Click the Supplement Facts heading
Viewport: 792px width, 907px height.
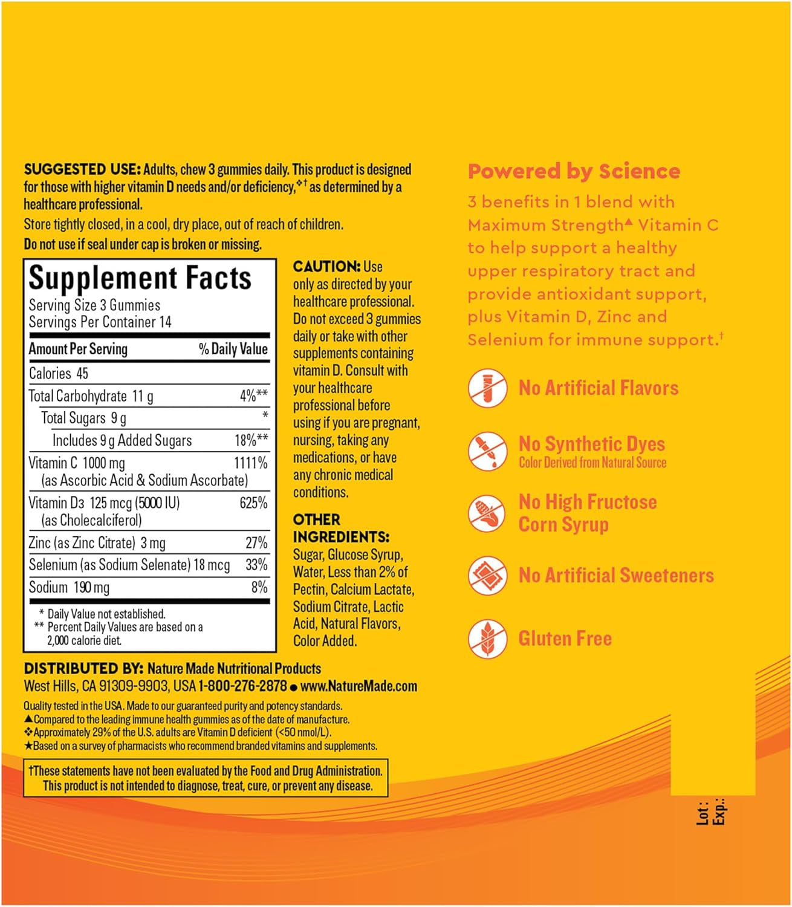pyautogui.click(x=140, y=279)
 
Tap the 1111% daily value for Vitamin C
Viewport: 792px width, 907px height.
pyautogui.click(x=250, y=463)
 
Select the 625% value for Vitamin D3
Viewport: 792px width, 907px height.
pyautogui.click(x=253, y=503)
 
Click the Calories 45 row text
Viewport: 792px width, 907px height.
pyautogui.click(x=59, y=373)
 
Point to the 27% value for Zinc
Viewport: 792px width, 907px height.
pyautogui.click(x=256, y=543)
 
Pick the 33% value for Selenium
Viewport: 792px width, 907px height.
pyautogui.click(x=256, y=565)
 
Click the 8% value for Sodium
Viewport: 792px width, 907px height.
pyautogui.click(x=259, y=587)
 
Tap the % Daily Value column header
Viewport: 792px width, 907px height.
pyautogui.click(x=233, y=349)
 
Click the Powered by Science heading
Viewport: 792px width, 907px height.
pyautogui.click(x=574, y=171)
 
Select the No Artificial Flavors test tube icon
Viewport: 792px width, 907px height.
pyautogui.click(x=487, y=388)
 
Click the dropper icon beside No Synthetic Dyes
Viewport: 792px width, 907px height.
pyautogui.click(x=487, y=450)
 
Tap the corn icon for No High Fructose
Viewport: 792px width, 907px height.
pyautogui.click(x=487, y=513)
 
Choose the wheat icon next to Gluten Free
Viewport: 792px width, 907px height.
pyautogui.click(x=487, y=639)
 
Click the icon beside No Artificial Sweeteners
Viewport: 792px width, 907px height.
pyautogui.click(x=487, y=576)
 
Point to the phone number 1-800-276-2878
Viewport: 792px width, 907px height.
pyautogui.click(x=242, y=686)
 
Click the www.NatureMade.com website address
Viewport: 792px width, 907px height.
pyautogui.click(x=359, y=686)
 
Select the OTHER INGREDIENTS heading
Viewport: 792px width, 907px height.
pyautogui.click(x=341, y=528)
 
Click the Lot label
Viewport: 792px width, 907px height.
pyautogui.click(x=702, y=813)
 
